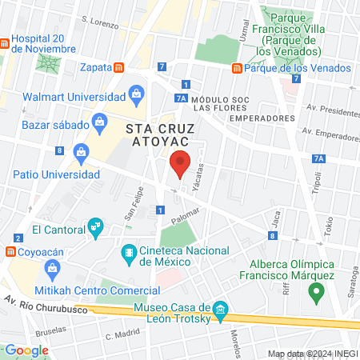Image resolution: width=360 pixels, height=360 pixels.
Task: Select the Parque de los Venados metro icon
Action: (237, 68)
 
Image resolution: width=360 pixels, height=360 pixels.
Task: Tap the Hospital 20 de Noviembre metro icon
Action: (6, 41)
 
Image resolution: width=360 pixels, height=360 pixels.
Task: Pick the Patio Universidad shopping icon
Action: (81, 151)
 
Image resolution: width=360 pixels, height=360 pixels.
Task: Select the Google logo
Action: (27, 350)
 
